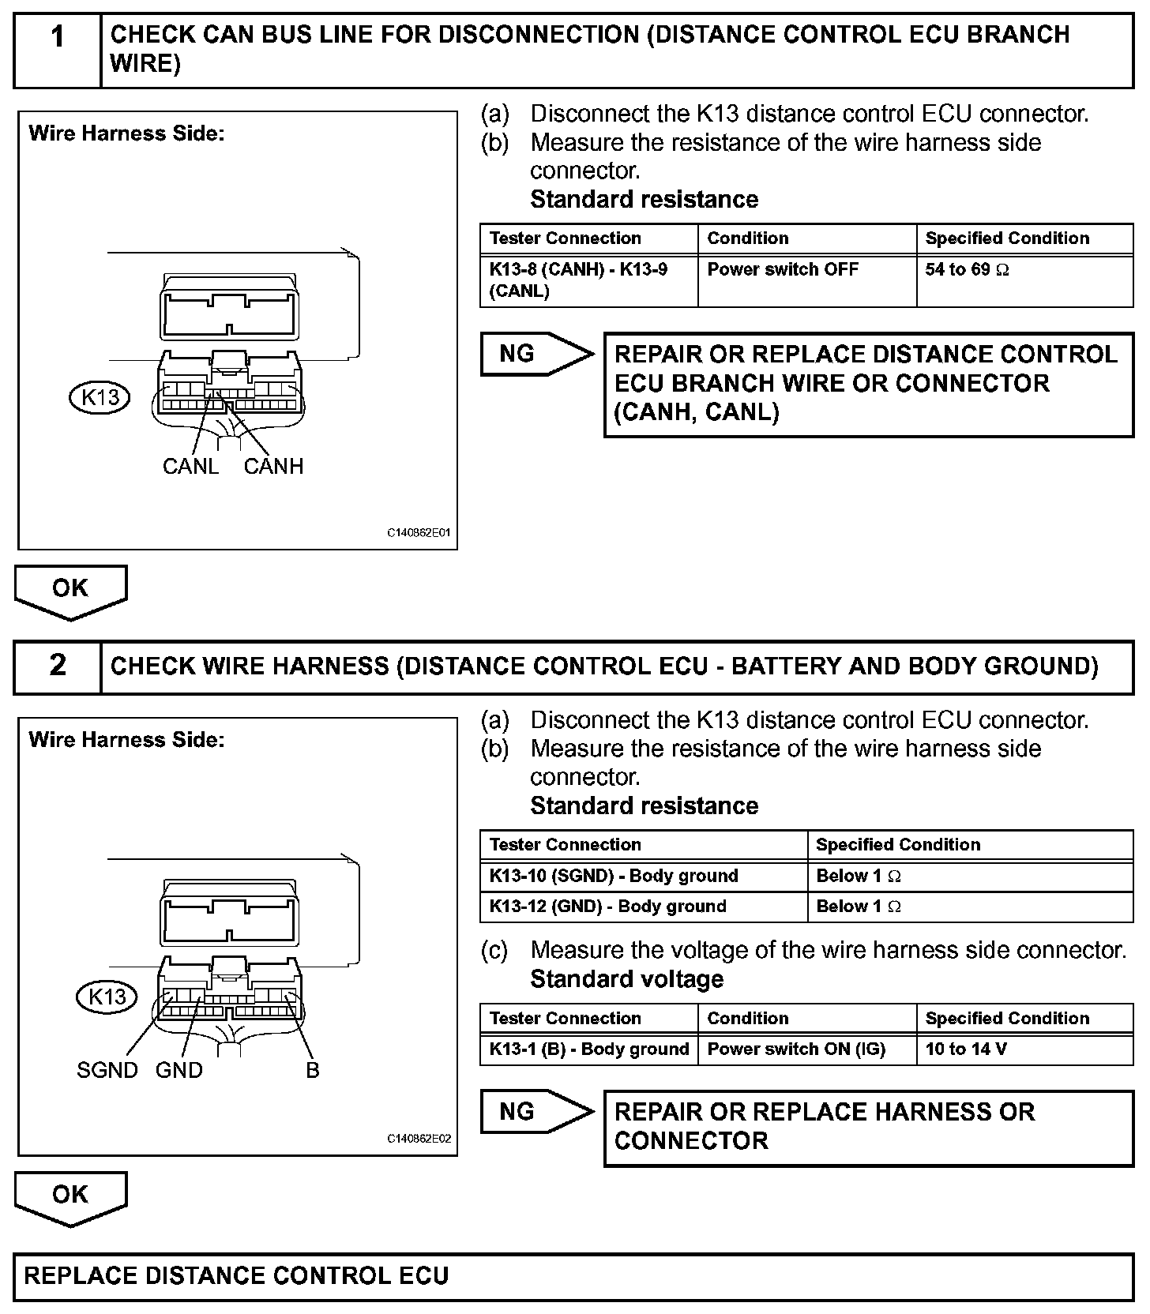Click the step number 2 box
click(x=58, y=666)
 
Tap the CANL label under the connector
click(x=190, y=466)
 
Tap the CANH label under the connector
click(x=273, y=466)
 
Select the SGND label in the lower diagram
click(x=107, y=1070)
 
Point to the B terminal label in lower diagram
click(x=313, y=1070)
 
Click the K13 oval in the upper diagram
click(x=100, y=396)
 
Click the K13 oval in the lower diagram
click(x=107, y=997)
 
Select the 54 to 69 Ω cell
click(x=1024, y=280)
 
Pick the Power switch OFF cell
click(x=806, y=280)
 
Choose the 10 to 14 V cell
click(x=1024, y=1049)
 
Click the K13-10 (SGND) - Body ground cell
click(x=643, y=876)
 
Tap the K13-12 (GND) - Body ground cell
click(x=643, y=907)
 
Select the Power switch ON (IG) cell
click(x=806, y=1049)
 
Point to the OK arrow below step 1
click(x=70, y=591)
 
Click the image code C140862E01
click(x=419, y=533)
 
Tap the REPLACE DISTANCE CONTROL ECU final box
click(x=573, y=1276)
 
